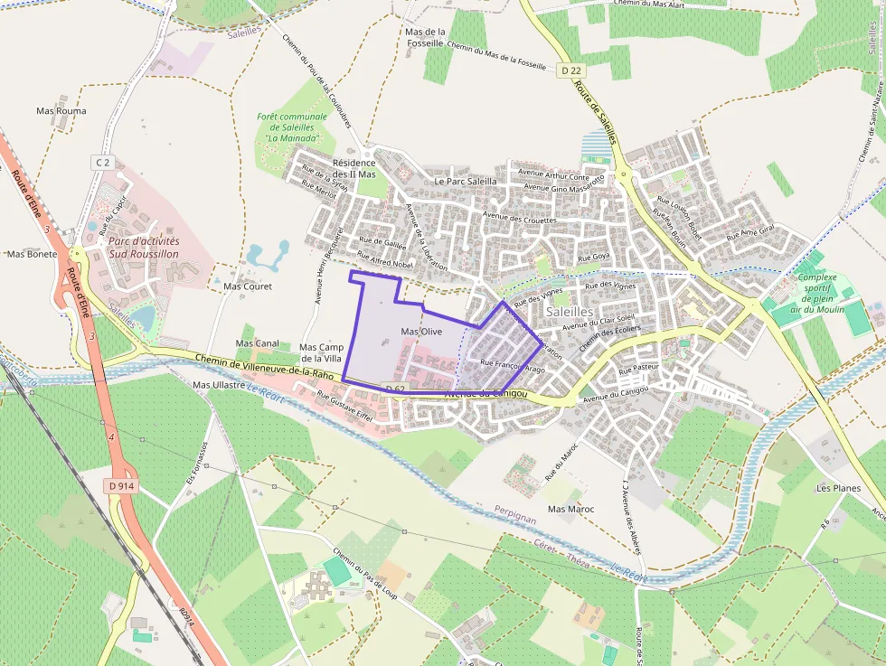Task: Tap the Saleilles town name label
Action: tap(570, 311)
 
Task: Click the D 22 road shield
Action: tap(569, 70)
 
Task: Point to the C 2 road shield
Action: tap(102, 162)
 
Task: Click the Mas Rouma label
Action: tap(61, 111)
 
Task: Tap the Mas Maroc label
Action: tap(570, 509)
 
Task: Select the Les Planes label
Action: tap(838, 487)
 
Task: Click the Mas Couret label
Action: tap(247, 286)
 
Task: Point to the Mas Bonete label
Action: tap(32, 254)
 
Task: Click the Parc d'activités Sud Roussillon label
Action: tap(144, 248)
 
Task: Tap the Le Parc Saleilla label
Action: tap(466, 181)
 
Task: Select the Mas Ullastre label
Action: tap(220, 385)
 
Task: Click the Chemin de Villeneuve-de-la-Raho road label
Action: tap(265, 367)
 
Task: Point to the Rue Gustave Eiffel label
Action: tap(345, 399)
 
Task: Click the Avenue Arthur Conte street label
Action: tap(547, 174)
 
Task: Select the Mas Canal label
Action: tap(257, 343)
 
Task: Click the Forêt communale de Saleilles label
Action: tap(291, 127)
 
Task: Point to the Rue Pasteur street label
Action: tap(638, 370)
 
